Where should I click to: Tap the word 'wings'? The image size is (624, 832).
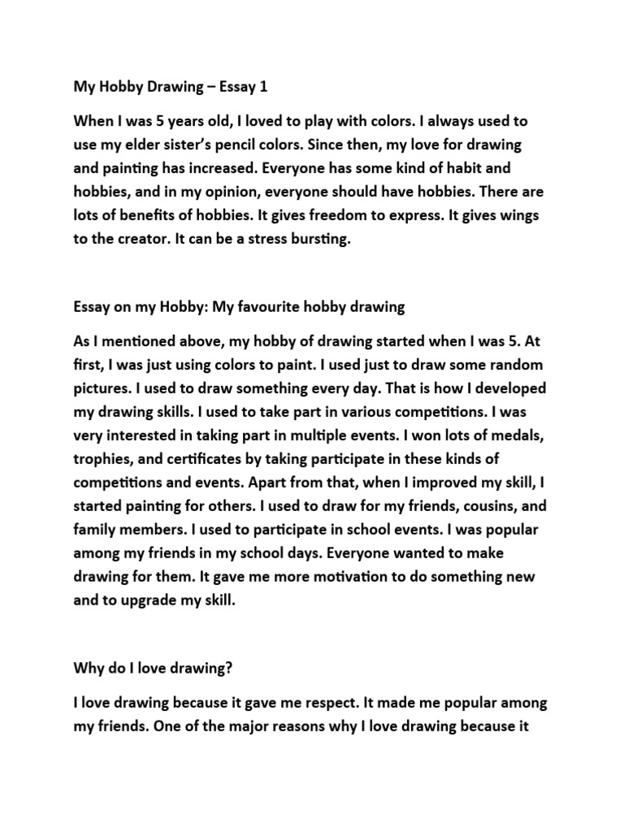(516, 217)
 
